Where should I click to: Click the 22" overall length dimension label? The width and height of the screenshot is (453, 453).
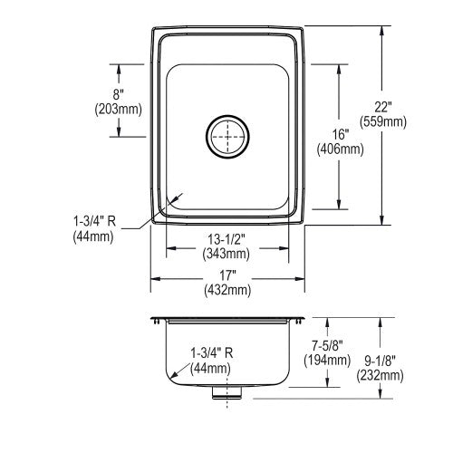[x=383, y=107]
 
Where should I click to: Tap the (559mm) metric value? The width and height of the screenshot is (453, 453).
[x=383, y=121]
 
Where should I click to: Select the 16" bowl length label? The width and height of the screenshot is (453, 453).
[x=341, y=134]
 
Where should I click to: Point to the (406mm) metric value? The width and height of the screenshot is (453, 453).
[x=341, y=149]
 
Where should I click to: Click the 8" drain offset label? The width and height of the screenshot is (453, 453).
[x=119, y=94]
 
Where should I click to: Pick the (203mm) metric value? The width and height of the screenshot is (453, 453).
[x=119, y=109]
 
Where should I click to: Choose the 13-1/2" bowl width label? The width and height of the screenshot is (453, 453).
[x=226, y=239]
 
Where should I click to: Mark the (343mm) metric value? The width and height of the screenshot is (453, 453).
[x=226, y=254]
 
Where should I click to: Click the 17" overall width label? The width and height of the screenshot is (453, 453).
[x=227, y=275]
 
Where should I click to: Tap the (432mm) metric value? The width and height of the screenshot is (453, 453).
[x=227, y=290]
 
